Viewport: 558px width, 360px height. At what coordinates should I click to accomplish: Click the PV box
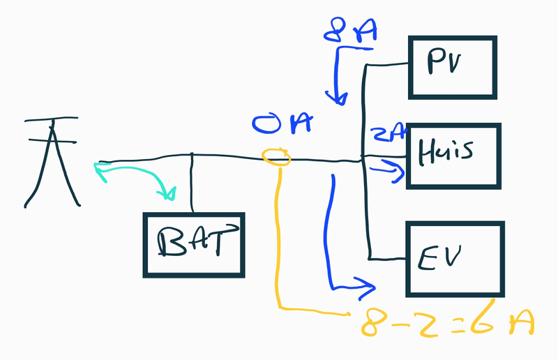pos(453,67)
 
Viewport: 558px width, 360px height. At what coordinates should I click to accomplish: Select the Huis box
pos(454,156)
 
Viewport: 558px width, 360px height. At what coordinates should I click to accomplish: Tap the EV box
pos(454,259)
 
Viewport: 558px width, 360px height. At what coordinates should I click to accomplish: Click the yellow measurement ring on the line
pos(276,157)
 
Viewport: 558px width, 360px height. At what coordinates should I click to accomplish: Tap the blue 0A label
pos(280,126)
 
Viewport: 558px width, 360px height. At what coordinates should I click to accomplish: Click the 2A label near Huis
pos(386,132)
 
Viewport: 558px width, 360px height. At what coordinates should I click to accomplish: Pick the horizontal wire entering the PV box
pos(387,64)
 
